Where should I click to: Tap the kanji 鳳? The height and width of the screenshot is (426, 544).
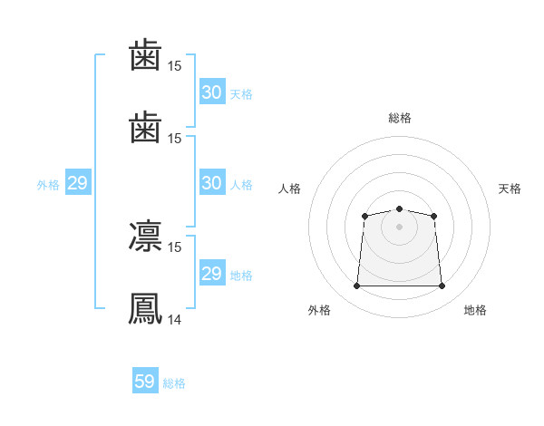click(146, 307)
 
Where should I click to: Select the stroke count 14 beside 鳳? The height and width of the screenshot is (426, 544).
click(175, 319)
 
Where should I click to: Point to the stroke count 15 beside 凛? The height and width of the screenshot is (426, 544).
click(175, 247)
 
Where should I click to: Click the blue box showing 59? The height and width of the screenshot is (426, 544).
click(145, 382)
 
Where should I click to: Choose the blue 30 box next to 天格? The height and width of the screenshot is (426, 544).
click(211, 92)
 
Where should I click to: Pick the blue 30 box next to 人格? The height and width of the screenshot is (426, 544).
click(211, 183)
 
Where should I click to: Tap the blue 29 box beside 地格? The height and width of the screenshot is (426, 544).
click(211, 274)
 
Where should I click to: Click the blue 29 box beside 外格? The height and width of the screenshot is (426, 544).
click(77, 183)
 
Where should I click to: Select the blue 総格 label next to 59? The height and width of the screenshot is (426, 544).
click(174, 383)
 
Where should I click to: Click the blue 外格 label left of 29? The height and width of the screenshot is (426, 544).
click(48, 185)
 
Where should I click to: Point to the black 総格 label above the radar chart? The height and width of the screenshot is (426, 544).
click(399, 118)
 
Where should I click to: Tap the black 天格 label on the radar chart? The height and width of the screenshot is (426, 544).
click(510, 189)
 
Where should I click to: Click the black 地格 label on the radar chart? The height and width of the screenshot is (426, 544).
click(475, 311)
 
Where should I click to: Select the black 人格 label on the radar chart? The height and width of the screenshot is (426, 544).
click(290, 189)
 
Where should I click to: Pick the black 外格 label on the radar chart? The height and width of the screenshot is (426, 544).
click(319, 311)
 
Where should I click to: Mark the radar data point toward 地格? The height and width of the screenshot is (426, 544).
click(442, 286)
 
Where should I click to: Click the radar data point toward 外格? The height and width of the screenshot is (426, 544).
click(356, 286)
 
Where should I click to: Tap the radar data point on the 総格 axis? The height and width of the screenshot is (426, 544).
click(399, 209)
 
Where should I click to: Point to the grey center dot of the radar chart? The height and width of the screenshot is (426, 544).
click(399, 227)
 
